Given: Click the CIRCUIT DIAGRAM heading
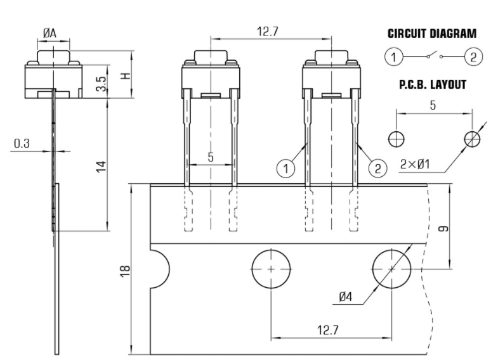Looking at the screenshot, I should (x=431, y=34).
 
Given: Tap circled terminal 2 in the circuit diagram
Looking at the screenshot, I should (x=473, y=57).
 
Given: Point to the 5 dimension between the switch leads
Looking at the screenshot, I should (x=211, y=157).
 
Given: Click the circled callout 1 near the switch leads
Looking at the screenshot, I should (x=286, y=168).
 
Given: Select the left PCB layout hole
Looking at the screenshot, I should (x=396, y=138).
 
